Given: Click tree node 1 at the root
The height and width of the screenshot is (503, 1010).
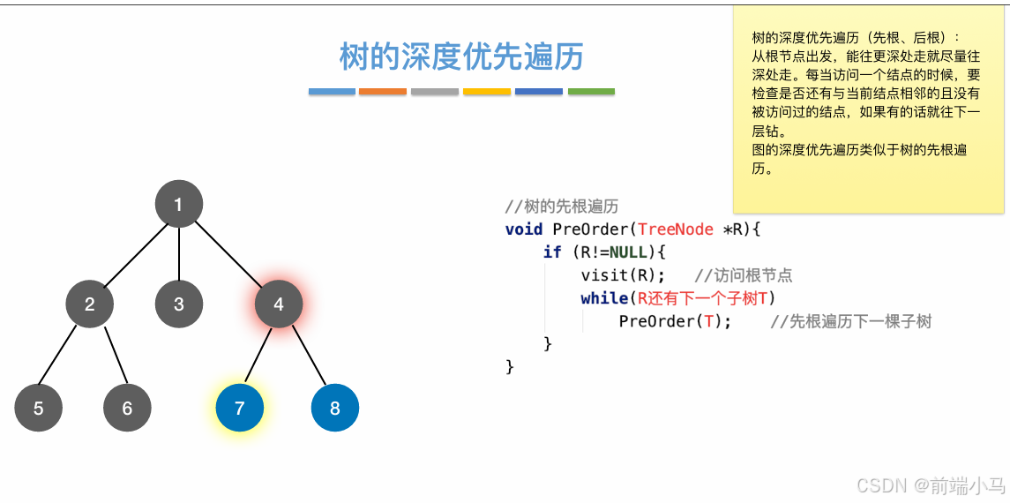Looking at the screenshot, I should [179, 205].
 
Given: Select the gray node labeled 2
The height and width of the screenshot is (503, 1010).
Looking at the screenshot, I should [90, 304].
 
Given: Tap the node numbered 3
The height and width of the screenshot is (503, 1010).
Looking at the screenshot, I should [179, 304].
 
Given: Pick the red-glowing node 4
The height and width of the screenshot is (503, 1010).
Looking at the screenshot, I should [279, 304].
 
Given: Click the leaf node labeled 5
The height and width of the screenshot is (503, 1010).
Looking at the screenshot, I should [38, 409].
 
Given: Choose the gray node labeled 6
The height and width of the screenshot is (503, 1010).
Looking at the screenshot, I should [127, 409].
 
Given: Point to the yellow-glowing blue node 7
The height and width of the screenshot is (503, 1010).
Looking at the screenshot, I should [240, 409].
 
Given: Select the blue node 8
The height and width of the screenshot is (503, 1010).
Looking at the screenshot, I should [335, 409].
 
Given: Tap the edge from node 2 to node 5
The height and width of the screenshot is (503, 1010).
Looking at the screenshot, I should [62, 358].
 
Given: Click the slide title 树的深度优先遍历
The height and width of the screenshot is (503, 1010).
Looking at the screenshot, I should [461, 56].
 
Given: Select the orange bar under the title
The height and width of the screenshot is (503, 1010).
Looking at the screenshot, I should [383, 91].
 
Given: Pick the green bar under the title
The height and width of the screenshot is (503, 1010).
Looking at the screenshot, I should [591, 91].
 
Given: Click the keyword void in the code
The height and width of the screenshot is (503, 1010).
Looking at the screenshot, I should [524, 229].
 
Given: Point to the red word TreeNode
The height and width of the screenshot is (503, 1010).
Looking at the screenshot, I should [676, 229].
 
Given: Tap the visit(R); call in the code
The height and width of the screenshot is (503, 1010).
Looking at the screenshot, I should [623, 275].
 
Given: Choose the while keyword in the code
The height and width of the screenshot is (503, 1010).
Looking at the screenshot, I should [605, 298].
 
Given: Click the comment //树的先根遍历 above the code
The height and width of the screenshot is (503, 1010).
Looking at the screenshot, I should [562, 206].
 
